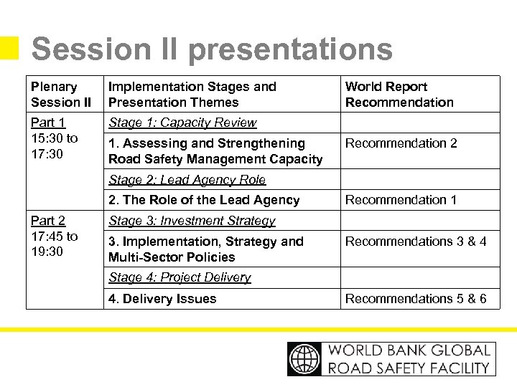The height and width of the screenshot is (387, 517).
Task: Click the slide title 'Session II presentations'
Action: coord(212,49)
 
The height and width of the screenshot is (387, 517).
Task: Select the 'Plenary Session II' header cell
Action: coord(61,95)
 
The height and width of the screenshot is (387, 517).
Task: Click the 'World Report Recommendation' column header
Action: coord(399,95)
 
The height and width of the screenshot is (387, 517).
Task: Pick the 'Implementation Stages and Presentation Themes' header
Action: coord(192,95)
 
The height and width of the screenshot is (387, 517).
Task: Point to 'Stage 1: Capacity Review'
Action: coord(182,123)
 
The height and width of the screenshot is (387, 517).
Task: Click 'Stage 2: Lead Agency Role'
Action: coord(187,180)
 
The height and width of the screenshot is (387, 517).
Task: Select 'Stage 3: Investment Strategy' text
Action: coord(192,221)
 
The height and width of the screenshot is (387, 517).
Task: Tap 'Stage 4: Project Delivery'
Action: coord(180,277)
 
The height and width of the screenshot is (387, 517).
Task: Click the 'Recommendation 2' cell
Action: coord(401,143)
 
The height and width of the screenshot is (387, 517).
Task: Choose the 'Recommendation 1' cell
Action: coord(401,200)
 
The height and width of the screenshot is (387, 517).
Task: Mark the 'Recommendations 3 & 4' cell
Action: coord(416,242)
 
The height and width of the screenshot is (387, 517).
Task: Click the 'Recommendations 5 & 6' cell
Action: coord(416,299)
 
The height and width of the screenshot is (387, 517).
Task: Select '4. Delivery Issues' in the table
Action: coord(162,299)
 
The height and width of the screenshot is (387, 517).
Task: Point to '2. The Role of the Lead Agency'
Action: coord(204,200)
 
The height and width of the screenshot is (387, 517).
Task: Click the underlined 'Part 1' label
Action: coord(47,123)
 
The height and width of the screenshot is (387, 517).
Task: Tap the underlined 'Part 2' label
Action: coord(48,221)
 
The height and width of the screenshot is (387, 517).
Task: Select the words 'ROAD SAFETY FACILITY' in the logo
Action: coord(409,368)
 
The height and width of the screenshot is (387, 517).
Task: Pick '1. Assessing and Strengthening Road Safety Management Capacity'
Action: coord(215,151)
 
